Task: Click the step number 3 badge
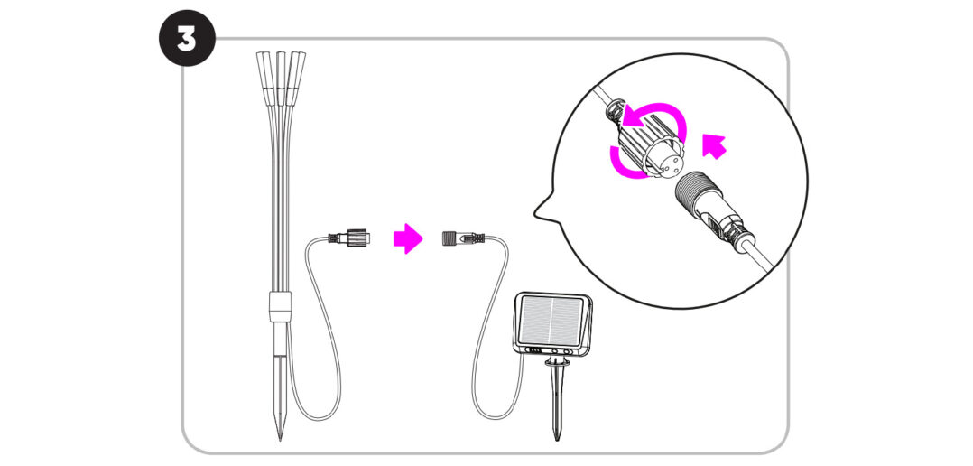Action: (188, 39)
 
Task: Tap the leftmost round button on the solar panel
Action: (554, 351)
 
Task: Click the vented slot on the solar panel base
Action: (533, 350)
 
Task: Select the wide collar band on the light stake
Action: (281, 305)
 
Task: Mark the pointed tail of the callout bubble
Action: (534, 215)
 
